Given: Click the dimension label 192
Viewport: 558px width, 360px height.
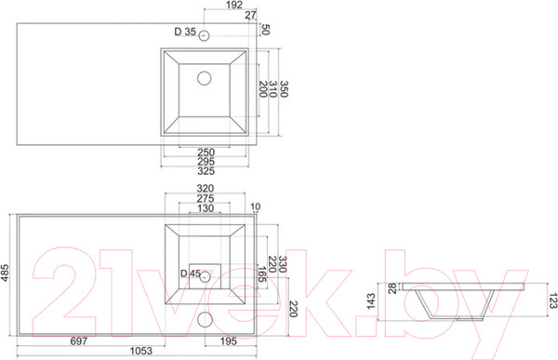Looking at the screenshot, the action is pyautogui.click(x=234, y=5).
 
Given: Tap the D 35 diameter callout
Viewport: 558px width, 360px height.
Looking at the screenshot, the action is pyautogui.click(x=185, y=32).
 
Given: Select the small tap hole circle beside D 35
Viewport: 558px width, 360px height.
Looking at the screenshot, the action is pyautogui.click(x=204, y=35).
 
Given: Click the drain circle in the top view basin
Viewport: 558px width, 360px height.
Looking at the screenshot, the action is pyautogui.click(x=205, y=78).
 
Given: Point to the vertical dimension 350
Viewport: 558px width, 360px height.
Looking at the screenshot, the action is pyautogui.click(x=284, y=88).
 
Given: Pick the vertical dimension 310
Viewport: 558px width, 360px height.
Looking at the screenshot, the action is pyautogui.click(x=272, y=88).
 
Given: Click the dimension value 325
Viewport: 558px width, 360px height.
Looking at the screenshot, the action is pyautogui.click(x=206, y=171).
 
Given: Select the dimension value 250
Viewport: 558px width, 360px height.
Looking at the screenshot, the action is pyautogui.click(x=206, y=152).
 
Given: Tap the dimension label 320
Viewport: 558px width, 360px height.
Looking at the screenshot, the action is pyautogui.click(x=206, y=188).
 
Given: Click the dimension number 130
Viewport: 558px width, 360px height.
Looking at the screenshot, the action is pyautogui.click(x=206, y=208).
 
